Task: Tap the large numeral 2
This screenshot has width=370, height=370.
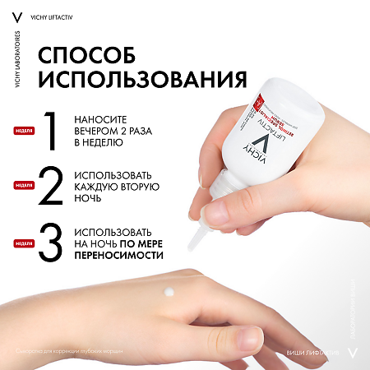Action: (50, 187)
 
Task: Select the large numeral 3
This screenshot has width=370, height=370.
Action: (50, 244)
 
